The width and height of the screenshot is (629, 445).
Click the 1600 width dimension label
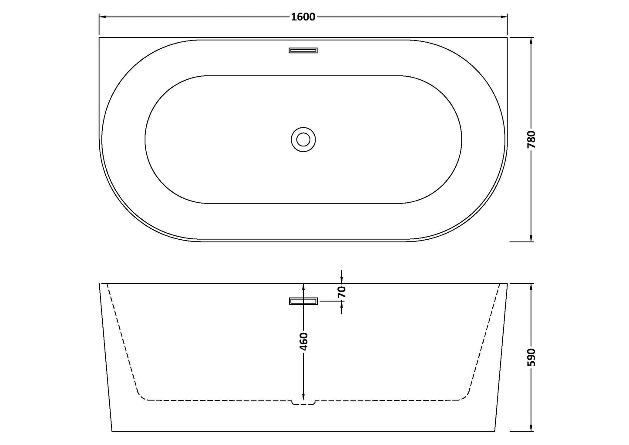303,17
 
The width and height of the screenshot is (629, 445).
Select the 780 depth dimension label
531,140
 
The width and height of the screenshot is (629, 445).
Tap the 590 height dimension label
531,357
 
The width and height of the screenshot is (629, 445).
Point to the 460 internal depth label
304,341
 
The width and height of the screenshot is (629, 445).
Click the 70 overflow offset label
342,292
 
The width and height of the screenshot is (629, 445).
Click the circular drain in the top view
303,139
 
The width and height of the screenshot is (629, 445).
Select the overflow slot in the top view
303,50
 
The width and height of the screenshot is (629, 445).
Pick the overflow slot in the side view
303,301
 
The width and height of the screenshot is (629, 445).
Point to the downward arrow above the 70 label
342,279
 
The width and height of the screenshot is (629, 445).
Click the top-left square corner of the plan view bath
100,38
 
